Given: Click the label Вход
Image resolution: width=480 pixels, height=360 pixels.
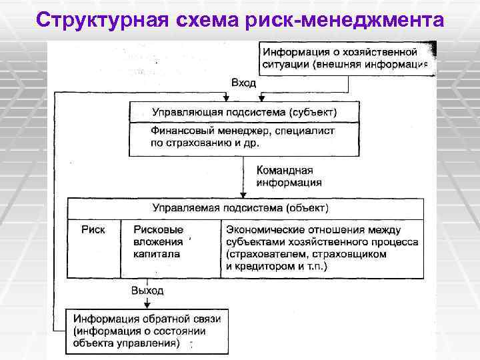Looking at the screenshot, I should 243,82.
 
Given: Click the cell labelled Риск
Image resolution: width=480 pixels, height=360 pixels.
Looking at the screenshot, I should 93,229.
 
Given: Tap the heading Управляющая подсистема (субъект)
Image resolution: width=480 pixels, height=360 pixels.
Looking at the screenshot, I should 244,111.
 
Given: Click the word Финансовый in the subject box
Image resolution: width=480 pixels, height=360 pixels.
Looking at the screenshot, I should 182,131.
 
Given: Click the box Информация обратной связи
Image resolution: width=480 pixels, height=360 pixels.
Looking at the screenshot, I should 147,331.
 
